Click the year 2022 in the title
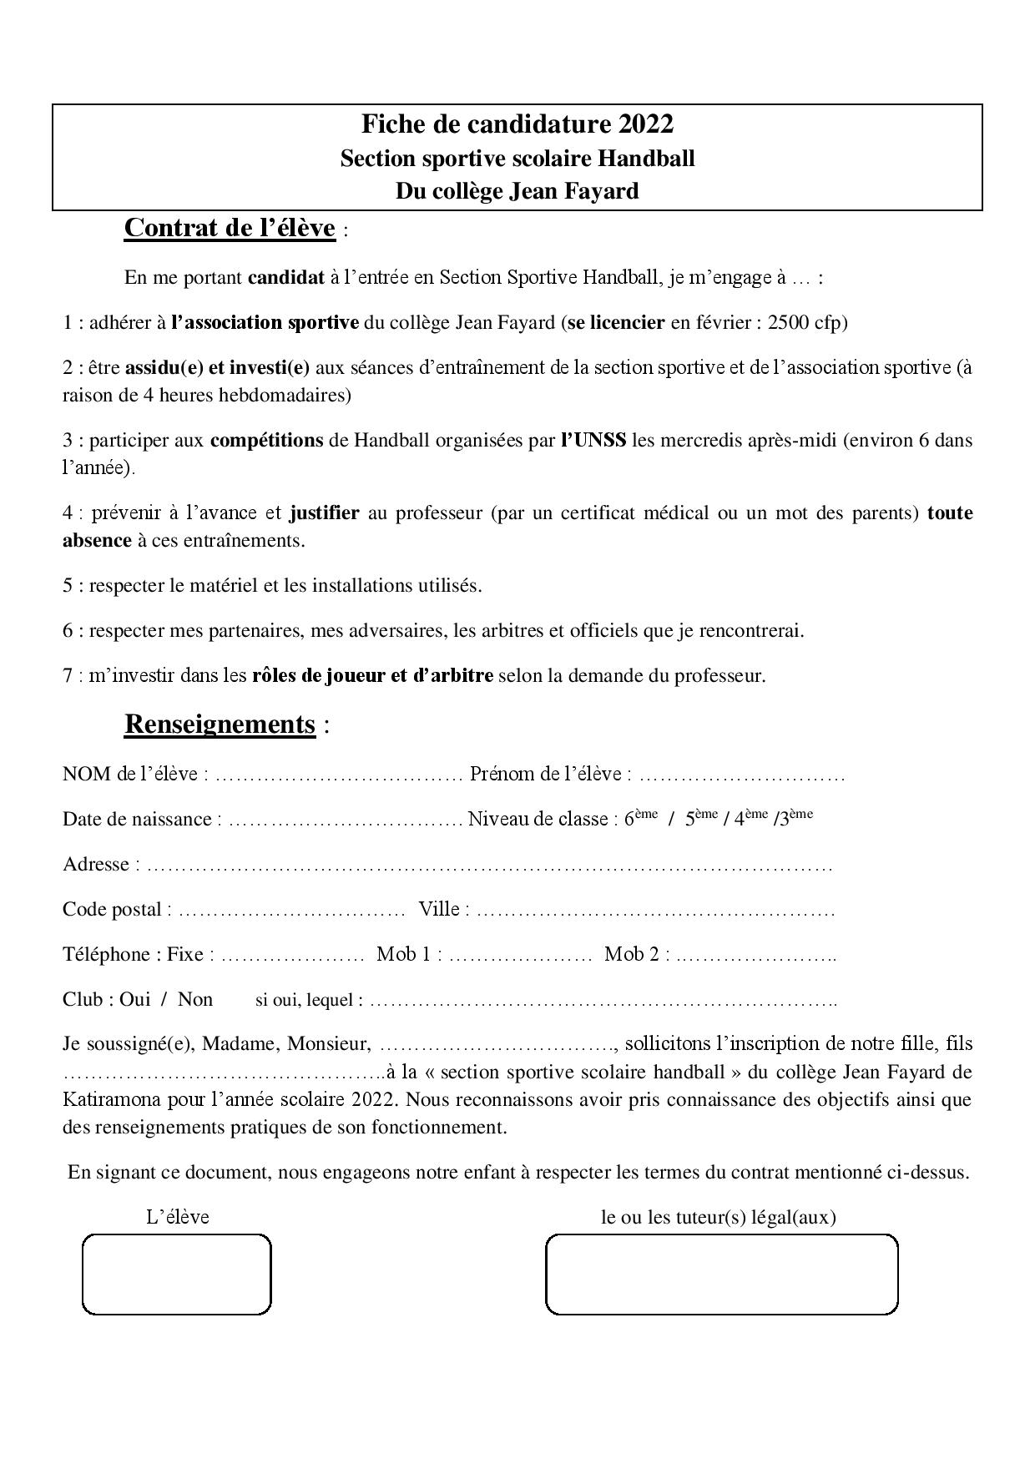click(646, 124)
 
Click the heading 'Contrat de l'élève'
click(230, 228)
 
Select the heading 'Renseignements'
click(220, 724)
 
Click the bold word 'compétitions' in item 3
click(266, 440)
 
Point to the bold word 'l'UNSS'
click(593, 440)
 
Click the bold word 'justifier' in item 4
click(324, 512)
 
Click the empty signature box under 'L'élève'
click(177, 1274)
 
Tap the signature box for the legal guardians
click(721, 1274)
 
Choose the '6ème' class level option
click(640, 818)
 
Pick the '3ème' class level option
click(795, 818)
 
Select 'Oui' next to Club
click(134, 999)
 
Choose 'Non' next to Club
click(195, 999)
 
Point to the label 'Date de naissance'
click(137, 819)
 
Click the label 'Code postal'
click(112, 909)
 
